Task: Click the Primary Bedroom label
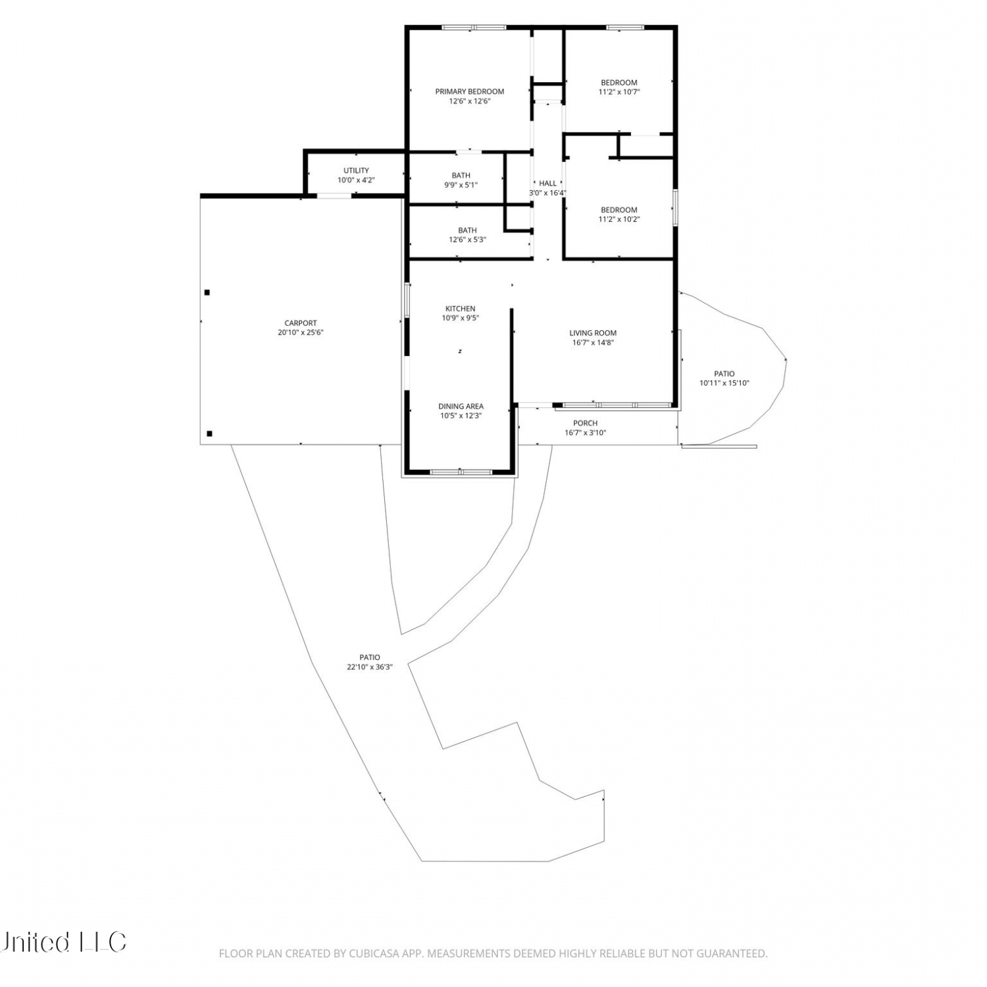pos(470,91)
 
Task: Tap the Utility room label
pos(356,170)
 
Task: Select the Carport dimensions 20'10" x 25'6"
pos(301,332)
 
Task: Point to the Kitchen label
pos(461,309)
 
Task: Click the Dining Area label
pos(461,406)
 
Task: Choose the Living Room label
pos(593,333)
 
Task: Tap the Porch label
pos(586,423)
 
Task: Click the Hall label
pos(548,184)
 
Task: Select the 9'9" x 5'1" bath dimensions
pos(461,185)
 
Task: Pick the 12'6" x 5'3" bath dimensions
pos(467,240)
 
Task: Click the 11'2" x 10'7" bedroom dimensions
pos(619,92)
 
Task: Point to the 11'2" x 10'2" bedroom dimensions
pos(619,219)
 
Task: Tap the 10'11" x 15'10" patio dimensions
pos(724,383)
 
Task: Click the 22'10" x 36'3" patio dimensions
pos(370,667)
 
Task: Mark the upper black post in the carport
pos(207,292)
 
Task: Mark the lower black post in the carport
pos(210,434)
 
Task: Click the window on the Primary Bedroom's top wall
pos(474,28)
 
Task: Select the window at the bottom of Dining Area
pos(461,472)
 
